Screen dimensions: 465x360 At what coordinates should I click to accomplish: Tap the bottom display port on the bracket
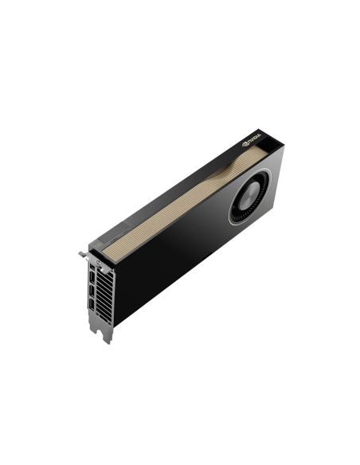[x=94, y=316]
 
